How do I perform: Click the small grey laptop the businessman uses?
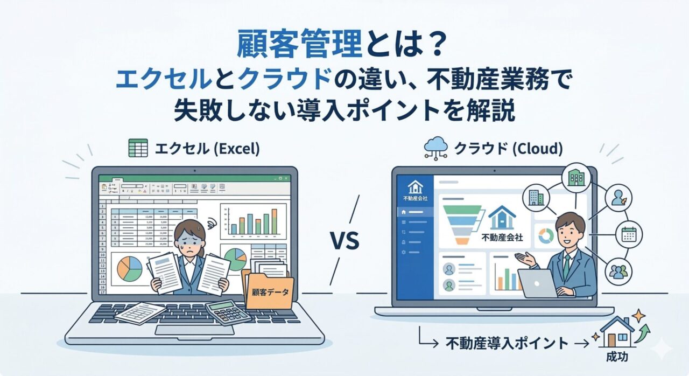[538, 283]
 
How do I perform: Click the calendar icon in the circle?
[628, 233]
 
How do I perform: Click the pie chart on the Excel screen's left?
[129, 268]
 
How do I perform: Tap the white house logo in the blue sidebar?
[415, 186]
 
